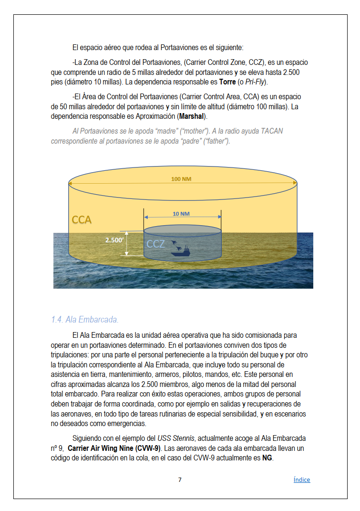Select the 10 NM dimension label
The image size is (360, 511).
click(181, 214)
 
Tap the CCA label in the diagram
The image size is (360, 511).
click(82, 220)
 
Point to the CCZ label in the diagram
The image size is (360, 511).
click(155, 244)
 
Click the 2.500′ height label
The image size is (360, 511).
click(114, 240)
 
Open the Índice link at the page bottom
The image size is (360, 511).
click(301, 480)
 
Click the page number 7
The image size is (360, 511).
click(180, 480)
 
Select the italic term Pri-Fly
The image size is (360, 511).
click(256, 82)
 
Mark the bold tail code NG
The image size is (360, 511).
click(267, 458)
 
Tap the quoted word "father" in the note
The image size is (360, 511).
click(216, 141)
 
